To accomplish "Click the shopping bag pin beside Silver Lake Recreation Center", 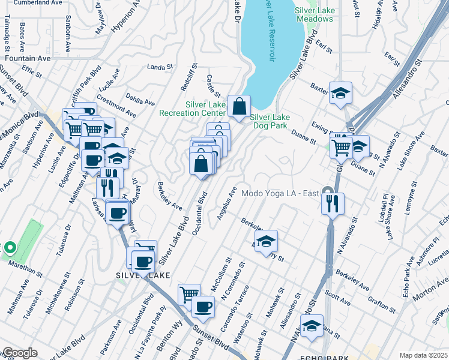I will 239,107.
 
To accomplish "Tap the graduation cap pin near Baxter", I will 340,93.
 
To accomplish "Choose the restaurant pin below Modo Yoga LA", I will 333,203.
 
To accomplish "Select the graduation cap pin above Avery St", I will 265,242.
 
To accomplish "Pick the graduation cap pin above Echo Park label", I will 312,326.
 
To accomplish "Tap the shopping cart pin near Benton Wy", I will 189,295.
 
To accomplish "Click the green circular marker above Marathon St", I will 10,247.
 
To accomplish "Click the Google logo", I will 19,353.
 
